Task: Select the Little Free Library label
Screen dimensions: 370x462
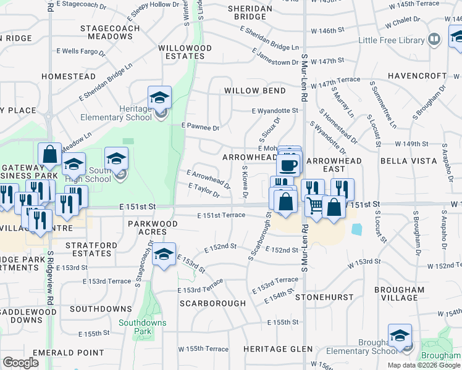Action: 392,41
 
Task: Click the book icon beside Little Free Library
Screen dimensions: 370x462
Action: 434,40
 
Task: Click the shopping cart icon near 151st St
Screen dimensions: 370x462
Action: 314,205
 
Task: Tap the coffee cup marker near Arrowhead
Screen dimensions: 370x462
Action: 288,165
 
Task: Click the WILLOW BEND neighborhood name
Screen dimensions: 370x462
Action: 255,91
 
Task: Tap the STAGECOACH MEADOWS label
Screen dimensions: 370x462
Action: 106,32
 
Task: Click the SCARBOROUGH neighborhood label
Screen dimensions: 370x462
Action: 212,303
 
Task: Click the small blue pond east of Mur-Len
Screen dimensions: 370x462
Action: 357,229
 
